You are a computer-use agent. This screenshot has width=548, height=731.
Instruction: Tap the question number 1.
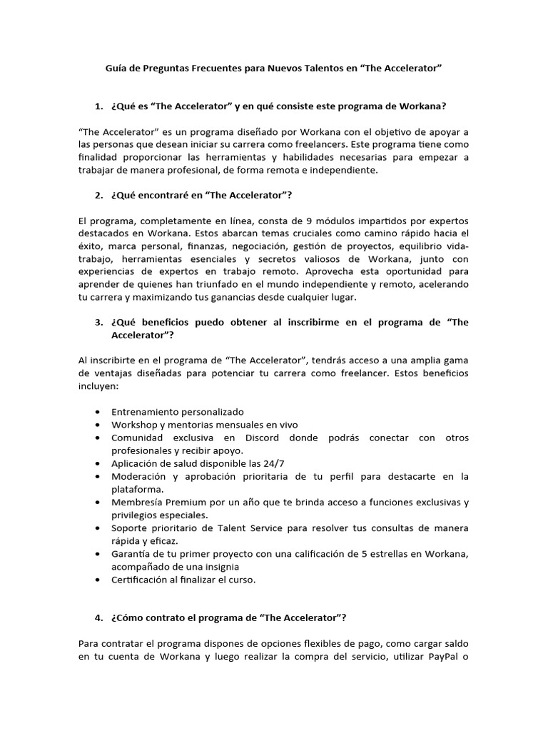[98, 106]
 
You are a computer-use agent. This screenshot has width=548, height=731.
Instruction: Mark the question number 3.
[98, 322]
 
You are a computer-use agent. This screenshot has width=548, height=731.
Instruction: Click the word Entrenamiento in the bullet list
[146, 412]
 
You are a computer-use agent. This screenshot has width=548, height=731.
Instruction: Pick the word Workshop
[134, 425]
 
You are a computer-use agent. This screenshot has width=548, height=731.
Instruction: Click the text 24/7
[273, 463]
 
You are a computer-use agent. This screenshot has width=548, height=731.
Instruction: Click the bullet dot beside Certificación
[97, 580]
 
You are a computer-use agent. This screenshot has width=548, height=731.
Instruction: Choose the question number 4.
[98, 617]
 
